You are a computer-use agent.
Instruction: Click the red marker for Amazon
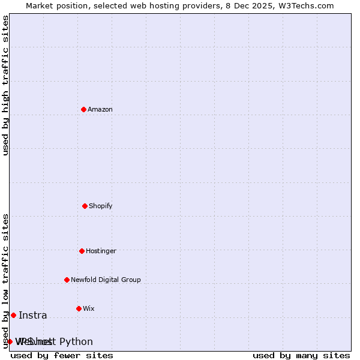tap(84, 109)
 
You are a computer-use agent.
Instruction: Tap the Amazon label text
tap(100, 109)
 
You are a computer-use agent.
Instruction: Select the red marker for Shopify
tap(85, 206)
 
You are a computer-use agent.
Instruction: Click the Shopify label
tap(101, 206)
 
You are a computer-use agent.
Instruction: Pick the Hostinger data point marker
tap(82, 251)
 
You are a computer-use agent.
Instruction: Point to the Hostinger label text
tap(101, 251)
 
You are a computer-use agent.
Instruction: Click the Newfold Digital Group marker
tap(67, 280)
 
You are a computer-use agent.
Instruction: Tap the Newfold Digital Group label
tap(106, 280)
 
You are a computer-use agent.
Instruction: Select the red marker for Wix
tap(79, 308)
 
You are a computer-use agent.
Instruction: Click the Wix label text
tap(89, 308)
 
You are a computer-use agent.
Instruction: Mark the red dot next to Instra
tap(13, 315)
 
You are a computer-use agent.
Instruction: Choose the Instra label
tap(32, 316)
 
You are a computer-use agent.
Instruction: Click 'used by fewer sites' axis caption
tap(62, 355)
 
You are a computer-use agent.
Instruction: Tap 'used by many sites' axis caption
tap(301, 355)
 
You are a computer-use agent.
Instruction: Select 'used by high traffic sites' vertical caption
tap(5, 85)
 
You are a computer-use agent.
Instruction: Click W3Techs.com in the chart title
tap(311, 5)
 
